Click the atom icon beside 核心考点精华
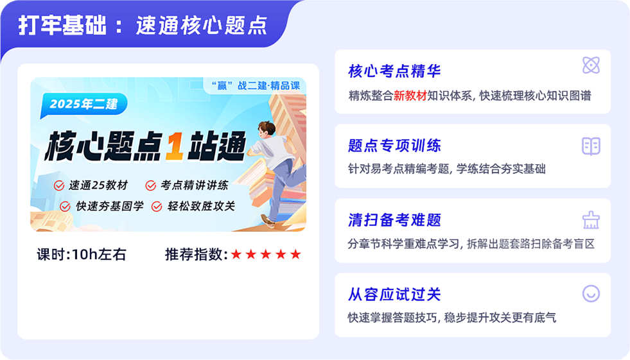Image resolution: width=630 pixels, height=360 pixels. pyautogui.click(x=591, y=65)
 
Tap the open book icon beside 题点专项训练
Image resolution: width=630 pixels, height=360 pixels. pyautogui.click(x=591, y=146)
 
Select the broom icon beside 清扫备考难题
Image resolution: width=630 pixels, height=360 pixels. pyautogui.click(x=591, y=220)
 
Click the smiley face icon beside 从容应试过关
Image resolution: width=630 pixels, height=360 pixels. pyautogui.click(x=591, y=294)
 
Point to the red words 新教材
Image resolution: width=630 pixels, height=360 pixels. pyautogui.click(x=410, y=96)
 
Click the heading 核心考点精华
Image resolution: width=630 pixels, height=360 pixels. pyautogui.click(x=394, y=71)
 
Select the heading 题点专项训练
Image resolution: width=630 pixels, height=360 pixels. pyautogui.click(x=394, y=145)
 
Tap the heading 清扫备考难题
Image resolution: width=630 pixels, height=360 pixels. pyautogui.click(x=394, y=220)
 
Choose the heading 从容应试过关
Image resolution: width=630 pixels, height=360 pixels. pyautogui.click(x=394, y=295)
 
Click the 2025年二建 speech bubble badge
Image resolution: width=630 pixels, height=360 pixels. pyautogui.click(x=83, y=105)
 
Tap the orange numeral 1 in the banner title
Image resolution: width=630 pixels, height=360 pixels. pyautogui.click(x=175, y=146)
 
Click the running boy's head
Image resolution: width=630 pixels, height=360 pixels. pyautogui.click(x=267, y=129)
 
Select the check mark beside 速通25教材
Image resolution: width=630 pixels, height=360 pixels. pyautogui.click(x=59, y=185)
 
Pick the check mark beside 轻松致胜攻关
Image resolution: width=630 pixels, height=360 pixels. pyautogui.click(x=157, y=206)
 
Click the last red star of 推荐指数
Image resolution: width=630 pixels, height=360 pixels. pyautogui.click(x=295, y=254)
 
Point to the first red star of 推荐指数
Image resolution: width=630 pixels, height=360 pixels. pyautogui.click(x=236, y=254)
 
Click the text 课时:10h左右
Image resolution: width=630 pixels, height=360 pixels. pyautogui.click(x=82, y=255)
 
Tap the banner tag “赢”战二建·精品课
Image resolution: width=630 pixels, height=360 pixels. pyautogui.click(x=256, y=85)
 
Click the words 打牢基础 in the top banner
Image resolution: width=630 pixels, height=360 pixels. pyautogui.click(x=62, y=25)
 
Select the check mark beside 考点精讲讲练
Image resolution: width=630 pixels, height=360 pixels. pyautogui.click(x=151, y=185)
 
